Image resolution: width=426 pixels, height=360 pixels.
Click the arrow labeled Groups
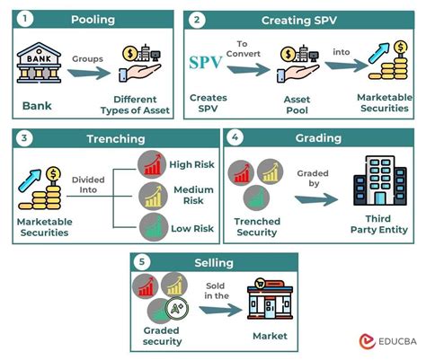point(87,72)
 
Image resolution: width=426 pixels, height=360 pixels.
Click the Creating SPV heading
point(299,19)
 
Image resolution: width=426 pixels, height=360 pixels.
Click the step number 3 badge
point(25,136)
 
